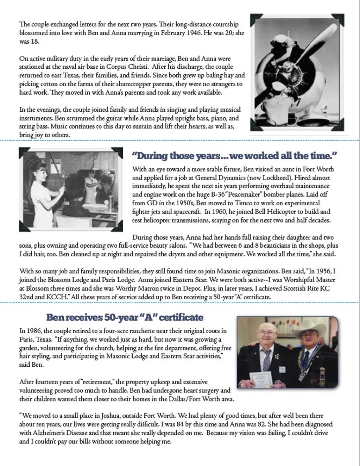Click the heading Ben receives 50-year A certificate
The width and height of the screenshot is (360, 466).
(125, 317)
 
